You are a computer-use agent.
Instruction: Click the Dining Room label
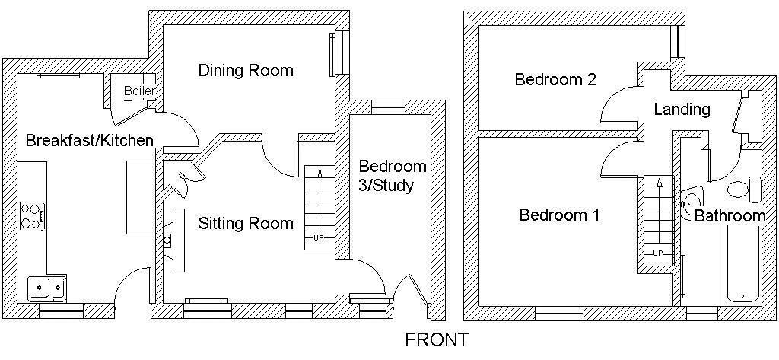click(246, 71)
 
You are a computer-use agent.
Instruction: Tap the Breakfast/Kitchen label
click(90, 141)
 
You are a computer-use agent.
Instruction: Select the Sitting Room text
click(246, 223)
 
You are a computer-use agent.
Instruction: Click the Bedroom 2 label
click(555, 80)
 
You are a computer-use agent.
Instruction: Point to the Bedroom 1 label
click(559, 215)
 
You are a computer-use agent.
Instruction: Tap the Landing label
click(682, 110)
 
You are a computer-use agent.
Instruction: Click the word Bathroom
click(730, 216)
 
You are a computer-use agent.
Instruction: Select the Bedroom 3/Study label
click(386, 176)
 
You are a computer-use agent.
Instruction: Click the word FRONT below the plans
click(437, 340)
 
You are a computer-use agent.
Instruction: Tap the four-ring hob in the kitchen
click(32, 216)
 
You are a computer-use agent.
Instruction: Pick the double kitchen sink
click(47, 288)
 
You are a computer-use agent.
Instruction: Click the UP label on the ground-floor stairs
click(319, 238)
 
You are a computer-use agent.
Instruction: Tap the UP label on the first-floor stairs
click(658, 253)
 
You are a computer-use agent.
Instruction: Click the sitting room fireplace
click(168, 241)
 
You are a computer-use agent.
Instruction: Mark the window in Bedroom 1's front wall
click(559, 314)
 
